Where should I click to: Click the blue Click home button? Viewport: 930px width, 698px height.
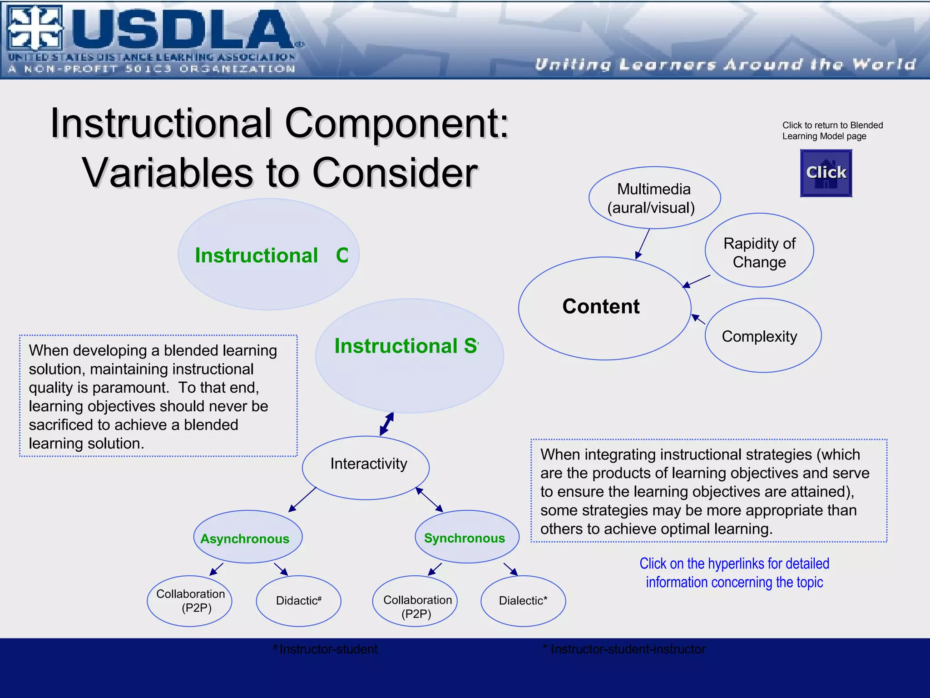(826, 173)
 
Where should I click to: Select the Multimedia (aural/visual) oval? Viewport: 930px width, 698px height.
(654, 198)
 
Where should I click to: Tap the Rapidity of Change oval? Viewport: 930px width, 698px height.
(759, 252)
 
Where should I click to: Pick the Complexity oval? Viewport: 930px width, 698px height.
(763, 336)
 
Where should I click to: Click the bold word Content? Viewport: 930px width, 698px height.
(601, 306)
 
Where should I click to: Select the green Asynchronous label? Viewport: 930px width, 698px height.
(245, 538)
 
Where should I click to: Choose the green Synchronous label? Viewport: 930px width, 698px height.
(464, 538)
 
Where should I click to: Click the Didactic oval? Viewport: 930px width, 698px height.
(298, 601)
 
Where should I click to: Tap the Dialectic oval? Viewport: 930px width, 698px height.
(523, 601)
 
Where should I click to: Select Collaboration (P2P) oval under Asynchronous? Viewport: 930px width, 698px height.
(190, 601)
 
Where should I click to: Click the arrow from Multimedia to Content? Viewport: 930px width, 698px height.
(643, 244)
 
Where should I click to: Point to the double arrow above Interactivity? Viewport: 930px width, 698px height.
(386, 424)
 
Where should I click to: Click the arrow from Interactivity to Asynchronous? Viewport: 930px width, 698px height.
(302, 499)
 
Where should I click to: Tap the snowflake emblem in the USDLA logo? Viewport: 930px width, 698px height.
(35, 28)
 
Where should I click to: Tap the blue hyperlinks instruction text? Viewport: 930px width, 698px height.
(734, 573)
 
